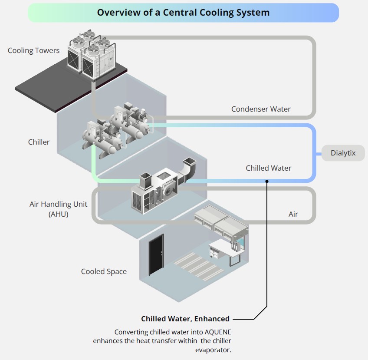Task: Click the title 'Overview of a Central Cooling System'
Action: (183, 12)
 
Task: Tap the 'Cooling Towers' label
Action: (33, 50)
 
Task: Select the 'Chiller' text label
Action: (39, 142)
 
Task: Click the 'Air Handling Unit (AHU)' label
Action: (58, 208)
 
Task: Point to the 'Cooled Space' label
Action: (104, 271)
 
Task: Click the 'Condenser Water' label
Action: (260, 109)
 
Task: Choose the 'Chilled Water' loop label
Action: (268, 168)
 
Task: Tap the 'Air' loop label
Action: (293, 214)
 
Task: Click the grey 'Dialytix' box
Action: (343, 153)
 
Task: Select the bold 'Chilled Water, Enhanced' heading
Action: (185, 319)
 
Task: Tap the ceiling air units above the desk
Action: (221, 219)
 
